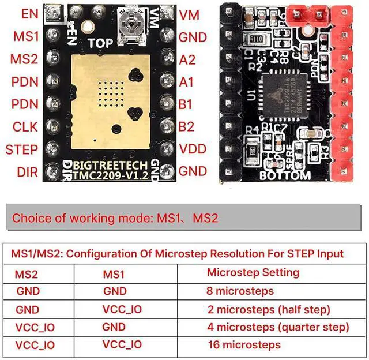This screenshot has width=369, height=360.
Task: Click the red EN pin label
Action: tap(30, 14)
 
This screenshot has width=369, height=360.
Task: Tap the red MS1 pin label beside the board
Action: tap(27, 36)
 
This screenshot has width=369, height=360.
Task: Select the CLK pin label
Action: tap(27, 127)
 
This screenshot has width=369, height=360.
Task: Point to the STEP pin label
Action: tap(21, 149)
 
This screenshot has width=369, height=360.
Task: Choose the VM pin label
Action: tap(189, 14)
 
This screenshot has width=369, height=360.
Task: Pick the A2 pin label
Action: tap(187, 59)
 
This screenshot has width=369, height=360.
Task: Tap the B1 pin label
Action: tap(186, 104)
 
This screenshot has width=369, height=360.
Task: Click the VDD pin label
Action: tap(192, 149)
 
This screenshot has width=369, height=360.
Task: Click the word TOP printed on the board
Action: tap(101, 42)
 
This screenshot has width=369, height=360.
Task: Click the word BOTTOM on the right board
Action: tap(286, 175)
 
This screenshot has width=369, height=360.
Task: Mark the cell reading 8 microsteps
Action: tap(240, 291)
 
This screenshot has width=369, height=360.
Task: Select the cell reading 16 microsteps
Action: tap(244, 345)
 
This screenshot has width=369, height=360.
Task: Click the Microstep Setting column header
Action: tap(253, 272)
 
